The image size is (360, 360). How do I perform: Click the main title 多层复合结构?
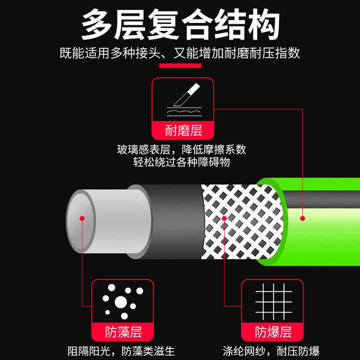point(180,24)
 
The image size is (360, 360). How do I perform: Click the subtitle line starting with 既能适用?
point(180,53)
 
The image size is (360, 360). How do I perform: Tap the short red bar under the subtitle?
point(180,66)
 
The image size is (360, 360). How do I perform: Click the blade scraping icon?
point(184,99)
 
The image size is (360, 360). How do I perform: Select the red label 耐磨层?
point(183,130)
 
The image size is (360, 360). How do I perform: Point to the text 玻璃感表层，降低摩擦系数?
point(181,149)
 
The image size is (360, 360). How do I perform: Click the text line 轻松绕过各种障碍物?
point(181,162)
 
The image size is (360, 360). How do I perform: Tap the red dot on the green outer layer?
point(302,218)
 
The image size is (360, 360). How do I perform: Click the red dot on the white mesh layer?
point(224,218)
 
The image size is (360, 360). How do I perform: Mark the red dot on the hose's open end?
point(82,218)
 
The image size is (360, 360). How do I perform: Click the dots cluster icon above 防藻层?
point(122,301)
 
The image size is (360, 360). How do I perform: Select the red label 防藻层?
point(122,332)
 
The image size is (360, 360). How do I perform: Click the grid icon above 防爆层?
point(273,301)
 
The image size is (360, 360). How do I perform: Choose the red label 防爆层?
point(272,332)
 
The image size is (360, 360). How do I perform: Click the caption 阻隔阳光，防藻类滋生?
point(121,351)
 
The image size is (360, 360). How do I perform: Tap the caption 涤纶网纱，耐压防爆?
point(271,351)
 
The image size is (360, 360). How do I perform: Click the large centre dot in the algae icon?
point(121,302)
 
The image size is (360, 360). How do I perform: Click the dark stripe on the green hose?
point(321,199)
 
